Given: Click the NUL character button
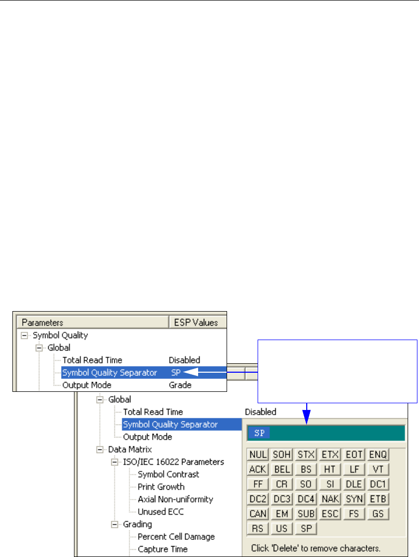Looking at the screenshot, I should tap(258, 455).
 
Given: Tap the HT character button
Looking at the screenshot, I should tap(330, 470).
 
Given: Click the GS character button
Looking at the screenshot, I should tap(379, 514).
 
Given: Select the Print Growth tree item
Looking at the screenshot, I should tap(161, 487).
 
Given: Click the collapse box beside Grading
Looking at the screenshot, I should tap(115, 524).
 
